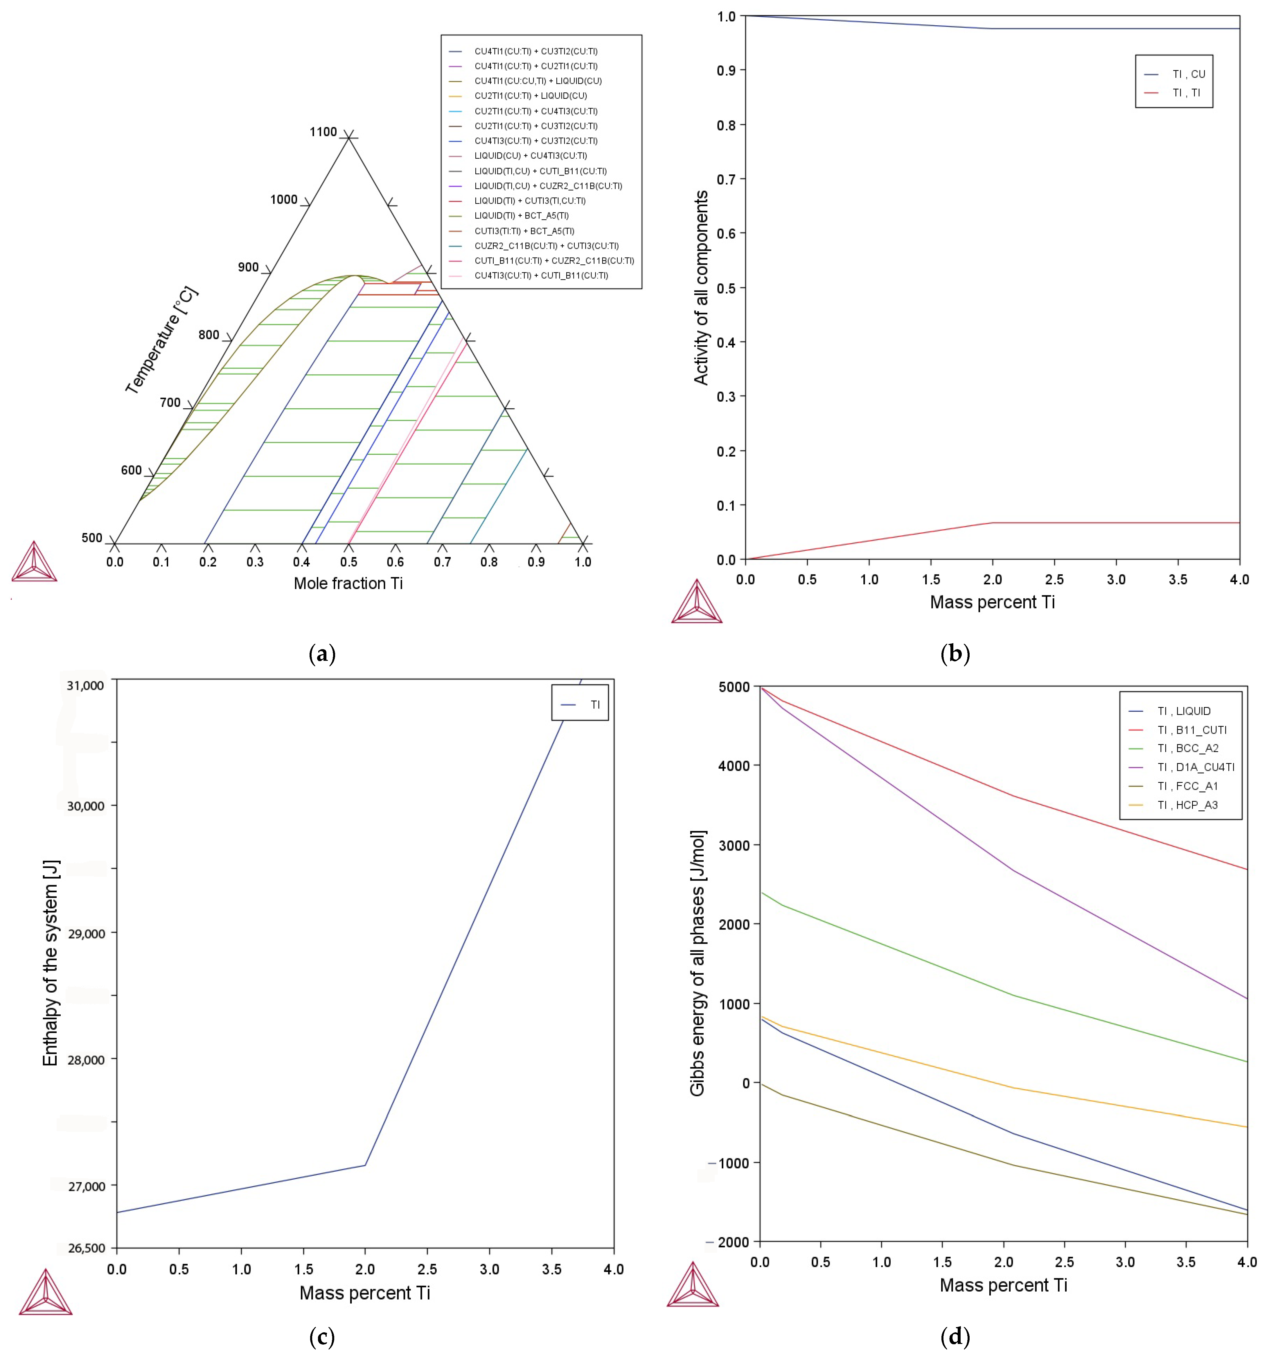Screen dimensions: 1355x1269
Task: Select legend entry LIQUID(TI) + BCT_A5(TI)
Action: tap(521, 215)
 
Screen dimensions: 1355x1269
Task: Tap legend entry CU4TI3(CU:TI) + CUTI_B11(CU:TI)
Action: tap(541, 275)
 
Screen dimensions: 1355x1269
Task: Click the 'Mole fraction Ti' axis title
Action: tap(348, 583)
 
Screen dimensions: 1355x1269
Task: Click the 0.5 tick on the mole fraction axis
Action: tap(348, 562)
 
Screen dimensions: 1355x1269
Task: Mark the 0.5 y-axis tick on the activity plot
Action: tap(726, 288)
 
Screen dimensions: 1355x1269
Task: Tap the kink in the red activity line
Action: tap(993, 523)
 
